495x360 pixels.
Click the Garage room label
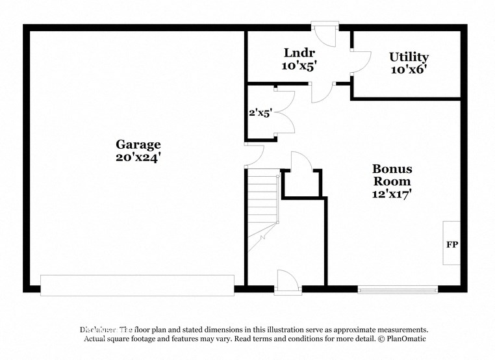point(138,144)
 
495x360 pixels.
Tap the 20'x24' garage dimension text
point(138,157)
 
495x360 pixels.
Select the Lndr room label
point(299,53)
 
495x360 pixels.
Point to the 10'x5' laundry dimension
point(299,65)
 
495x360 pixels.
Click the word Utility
point(409,57)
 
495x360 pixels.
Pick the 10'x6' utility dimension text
point(409,70)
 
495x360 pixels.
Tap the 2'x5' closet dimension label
point(260,113)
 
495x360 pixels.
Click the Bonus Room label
point(392,175)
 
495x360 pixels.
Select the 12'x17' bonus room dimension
point(392,193)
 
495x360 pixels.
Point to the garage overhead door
point(137,285)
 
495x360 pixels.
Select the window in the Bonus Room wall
point(397,289)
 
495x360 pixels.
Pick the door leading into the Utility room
point(359,62)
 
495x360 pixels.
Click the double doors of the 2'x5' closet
point(285,112)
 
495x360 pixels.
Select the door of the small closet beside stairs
point(301,162)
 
